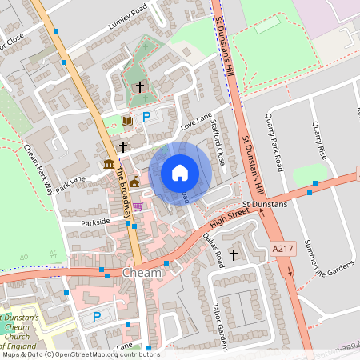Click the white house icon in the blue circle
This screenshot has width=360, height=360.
[x=180, y=173]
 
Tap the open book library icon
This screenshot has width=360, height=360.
[x=126, y=121]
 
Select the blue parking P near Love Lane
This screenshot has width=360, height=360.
[x=146, y=118]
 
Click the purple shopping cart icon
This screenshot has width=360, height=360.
[x=138, y=206]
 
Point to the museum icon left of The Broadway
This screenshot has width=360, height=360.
[x=109, y=164]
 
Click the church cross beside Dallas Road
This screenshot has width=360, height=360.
[x=234, y=254]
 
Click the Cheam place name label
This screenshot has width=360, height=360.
[x=142, y=273]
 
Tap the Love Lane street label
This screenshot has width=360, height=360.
[x=197, y=122]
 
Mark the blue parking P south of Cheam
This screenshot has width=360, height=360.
[x=97, y=317]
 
